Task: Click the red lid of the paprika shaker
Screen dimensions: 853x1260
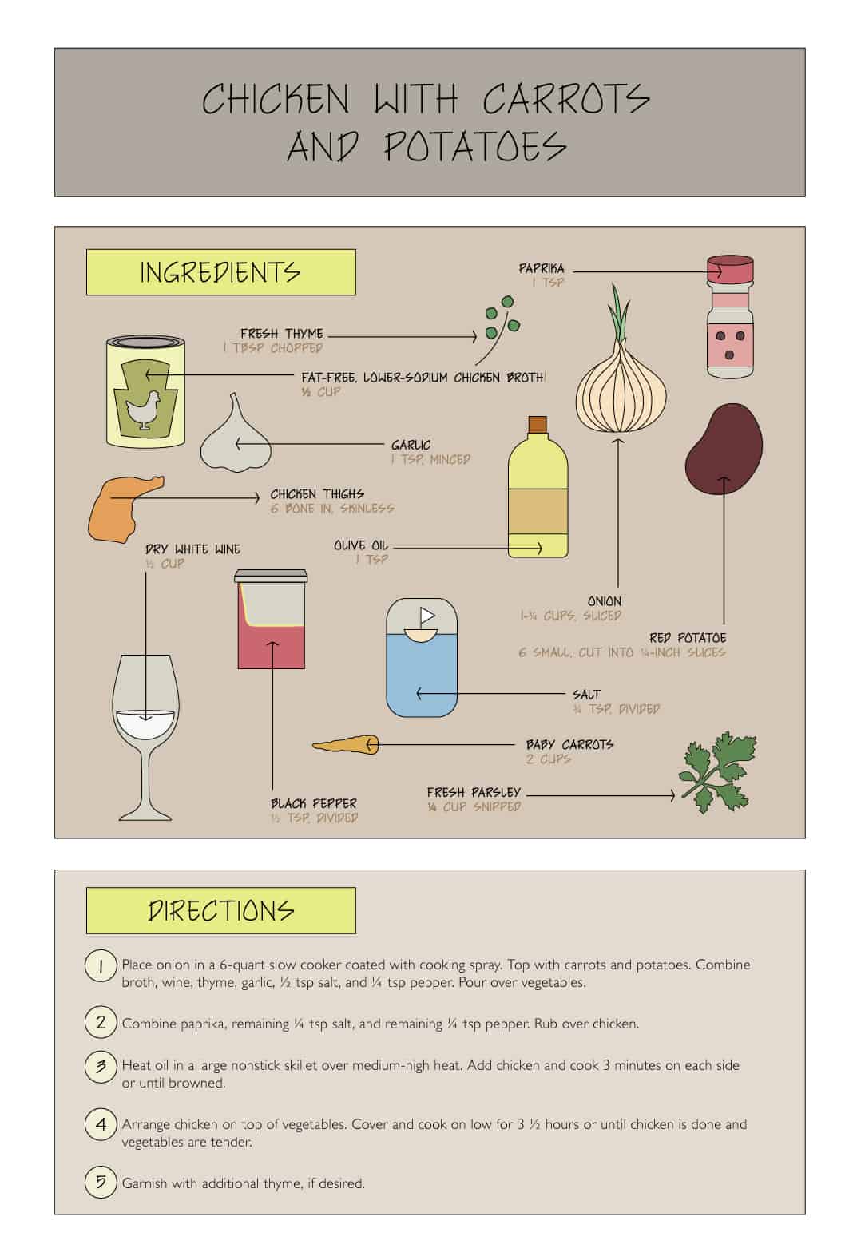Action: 730,269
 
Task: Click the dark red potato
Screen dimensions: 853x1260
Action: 724,449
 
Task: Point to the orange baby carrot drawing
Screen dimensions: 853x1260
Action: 346,745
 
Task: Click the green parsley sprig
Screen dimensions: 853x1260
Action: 718,772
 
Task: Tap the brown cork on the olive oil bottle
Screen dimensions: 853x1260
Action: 538,424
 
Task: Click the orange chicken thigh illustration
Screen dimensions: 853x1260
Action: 125,509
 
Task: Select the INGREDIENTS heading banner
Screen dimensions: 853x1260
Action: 220,272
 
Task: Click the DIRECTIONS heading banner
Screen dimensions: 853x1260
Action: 220,911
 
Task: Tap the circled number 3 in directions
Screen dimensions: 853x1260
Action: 101,1067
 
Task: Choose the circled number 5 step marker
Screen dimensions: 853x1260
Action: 101,1182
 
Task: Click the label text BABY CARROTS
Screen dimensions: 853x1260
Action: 569,744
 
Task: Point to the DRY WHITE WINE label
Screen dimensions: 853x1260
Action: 192,549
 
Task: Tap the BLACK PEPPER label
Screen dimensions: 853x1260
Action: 313,803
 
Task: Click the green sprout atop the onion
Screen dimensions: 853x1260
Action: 620,313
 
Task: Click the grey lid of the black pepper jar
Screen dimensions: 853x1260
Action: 271,576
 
